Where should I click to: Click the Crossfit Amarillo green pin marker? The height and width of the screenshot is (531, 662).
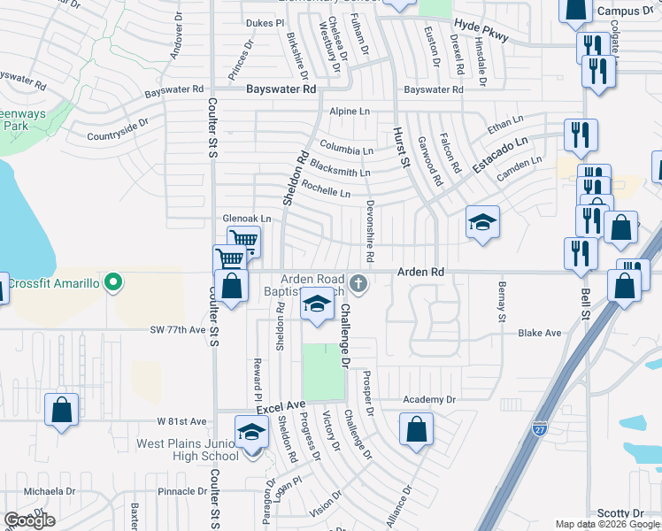[x=112, y=283]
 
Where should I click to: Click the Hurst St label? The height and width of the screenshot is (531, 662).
[x=400, y=146]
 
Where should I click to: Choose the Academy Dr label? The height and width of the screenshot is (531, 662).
[x=428, y=399]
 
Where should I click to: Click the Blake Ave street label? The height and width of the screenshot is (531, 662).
[x=540, y=333]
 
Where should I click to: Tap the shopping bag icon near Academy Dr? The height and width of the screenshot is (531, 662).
[x=416, y=430]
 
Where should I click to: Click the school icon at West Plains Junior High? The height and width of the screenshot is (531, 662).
[x=251, y=433]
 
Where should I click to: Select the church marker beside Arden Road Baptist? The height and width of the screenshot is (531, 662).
[x=358, y=284]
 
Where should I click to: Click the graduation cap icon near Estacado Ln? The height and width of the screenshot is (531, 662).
[x=483, y=221]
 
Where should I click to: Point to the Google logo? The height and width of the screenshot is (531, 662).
[x=29, y=521]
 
